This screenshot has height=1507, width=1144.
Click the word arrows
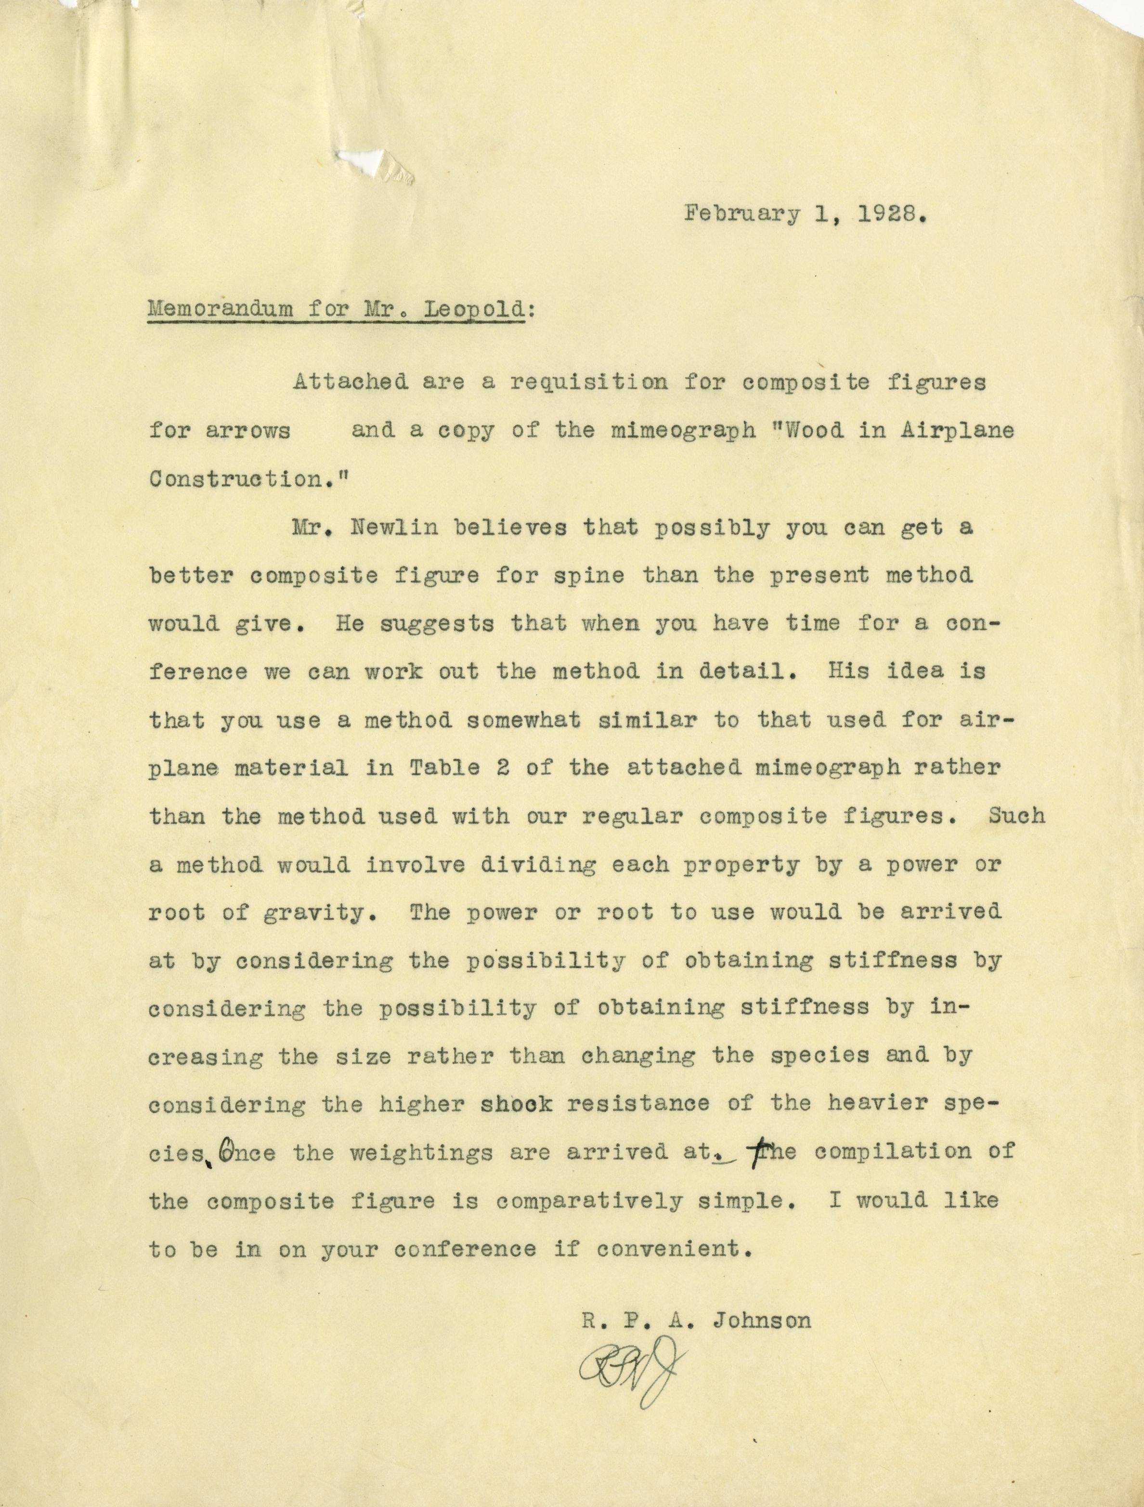248,431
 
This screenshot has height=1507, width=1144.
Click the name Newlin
393,528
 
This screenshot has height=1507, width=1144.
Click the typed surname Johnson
761,1321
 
